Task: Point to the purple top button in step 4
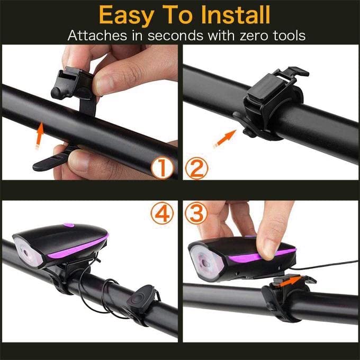click(x=68, y=226)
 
